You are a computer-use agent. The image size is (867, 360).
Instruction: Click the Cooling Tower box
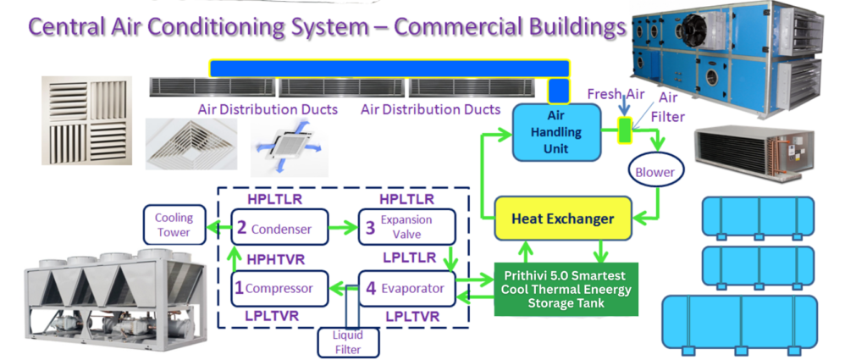174,225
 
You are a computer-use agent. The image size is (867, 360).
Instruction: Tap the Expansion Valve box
406,228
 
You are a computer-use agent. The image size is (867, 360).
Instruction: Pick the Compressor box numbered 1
271,288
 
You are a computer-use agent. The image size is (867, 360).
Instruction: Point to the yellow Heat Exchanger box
562,219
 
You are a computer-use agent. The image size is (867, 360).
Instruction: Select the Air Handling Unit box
555,132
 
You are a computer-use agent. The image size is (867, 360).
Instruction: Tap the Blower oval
655,172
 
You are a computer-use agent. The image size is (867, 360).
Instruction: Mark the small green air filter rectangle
625,130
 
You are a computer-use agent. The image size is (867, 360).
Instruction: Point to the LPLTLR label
406,258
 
